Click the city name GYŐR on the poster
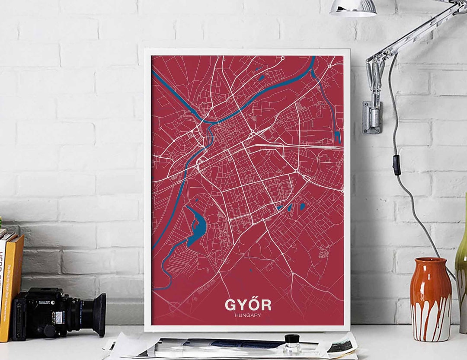pyautogui.click(x=248, y=305)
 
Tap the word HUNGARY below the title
pyautogui.click(x=248, y=315)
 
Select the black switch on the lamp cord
pyautogui.click(x=397, y=165)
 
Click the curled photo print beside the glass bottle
pyautogui.click(x=342, y=345)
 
